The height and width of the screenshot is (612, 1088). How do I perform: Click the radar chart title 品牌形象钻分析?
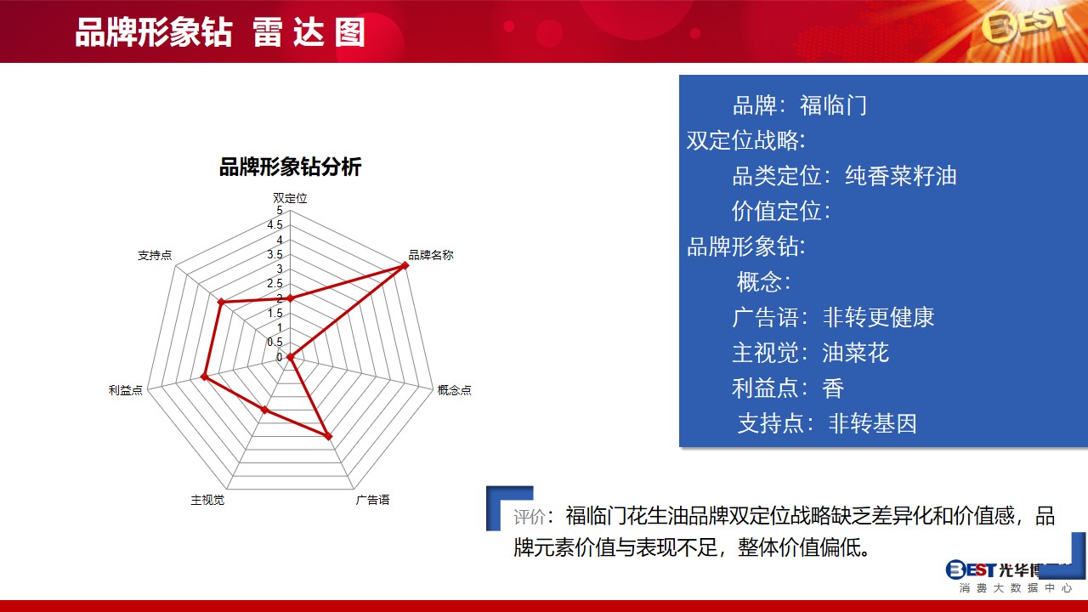[290, 167]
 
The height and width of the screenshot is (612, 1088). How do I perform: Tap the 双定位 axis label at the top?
[290, 198]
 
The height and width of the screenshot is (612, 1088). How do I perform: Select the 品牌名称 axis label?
[431, 255]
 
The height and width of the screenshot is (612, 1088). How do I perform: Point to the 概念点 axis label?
[454, 390]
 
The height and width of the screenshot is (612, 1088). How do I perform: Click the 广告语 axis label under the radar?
[372, 500]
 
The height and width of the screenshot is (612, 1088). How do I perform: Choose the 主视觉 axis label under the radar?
[207, 500]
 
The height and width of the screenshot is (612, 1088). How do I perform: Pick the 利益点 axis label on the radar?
[125, 390]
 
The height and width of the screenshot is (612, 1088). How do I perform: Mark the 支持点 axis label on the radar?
[155, 255]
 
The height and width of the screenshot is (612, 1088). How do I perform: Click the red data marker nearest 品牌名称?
[404, 265]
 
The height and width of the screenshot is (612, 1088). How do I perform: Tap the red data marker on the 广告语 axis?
[328, 436]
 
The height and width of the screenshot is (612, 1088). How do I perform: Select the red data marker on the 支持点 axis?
[221, 302]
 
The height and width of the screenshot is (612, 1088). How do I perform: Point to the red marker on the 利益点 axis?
[205, 377]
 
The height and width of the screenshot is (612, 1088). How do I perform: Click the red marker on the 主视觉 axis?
[264, 410]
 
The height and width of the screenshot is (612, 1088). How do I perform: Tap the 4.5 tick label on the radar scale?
[275, 225]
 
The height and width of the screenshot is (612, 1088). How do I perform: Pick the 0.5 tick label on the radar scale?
[275, 342]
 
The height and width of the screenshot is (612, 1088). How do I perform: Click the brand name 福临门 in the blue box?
[833, 105]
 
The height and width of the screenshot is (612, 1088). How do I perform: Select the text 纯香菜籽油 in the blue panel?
[900, 176]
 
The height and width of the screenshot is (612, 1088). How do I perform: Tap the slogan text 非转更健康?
[878, 317]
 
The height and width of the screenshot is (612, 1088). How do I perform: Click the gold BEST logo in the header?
[1024, 25]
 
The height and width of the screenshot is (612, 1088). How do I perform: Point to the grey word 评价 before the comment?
[529, 517]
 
